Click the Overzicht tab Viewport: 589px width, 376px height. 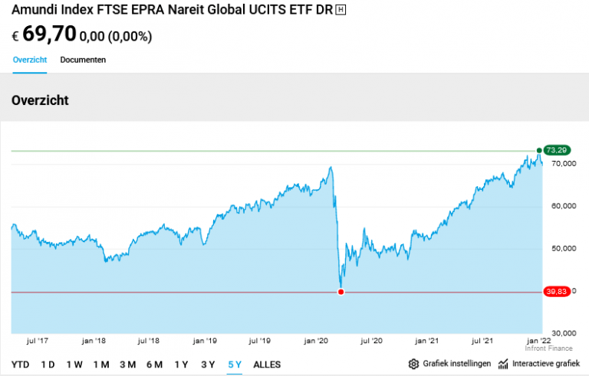(x=30, y=60)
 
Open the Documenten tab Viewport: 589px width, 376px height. (x=83, y=60)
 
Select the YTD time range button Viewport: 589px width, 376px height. (x=21, y=365)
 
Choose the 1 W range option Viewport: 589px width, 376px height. (x=74, y=365)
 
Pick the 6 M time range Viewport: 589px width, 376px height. (x=154, y=365)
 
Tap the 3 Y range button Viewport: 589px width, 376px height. (x=208, y=365)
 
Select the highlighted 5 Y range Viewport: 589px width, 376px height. (x=235, y=365)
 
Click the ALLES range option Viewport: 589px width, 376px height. (x=267, y=365)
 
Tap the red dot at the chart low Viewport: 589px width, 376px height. (x=341, y=292)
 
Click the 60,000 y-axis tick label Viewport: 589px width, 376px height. (x=563, y=207)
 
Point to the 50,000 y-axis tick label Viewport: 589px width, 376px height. (x=563, y=249)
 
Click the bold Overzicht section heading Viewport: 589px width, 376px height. (x=40, y=100)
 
